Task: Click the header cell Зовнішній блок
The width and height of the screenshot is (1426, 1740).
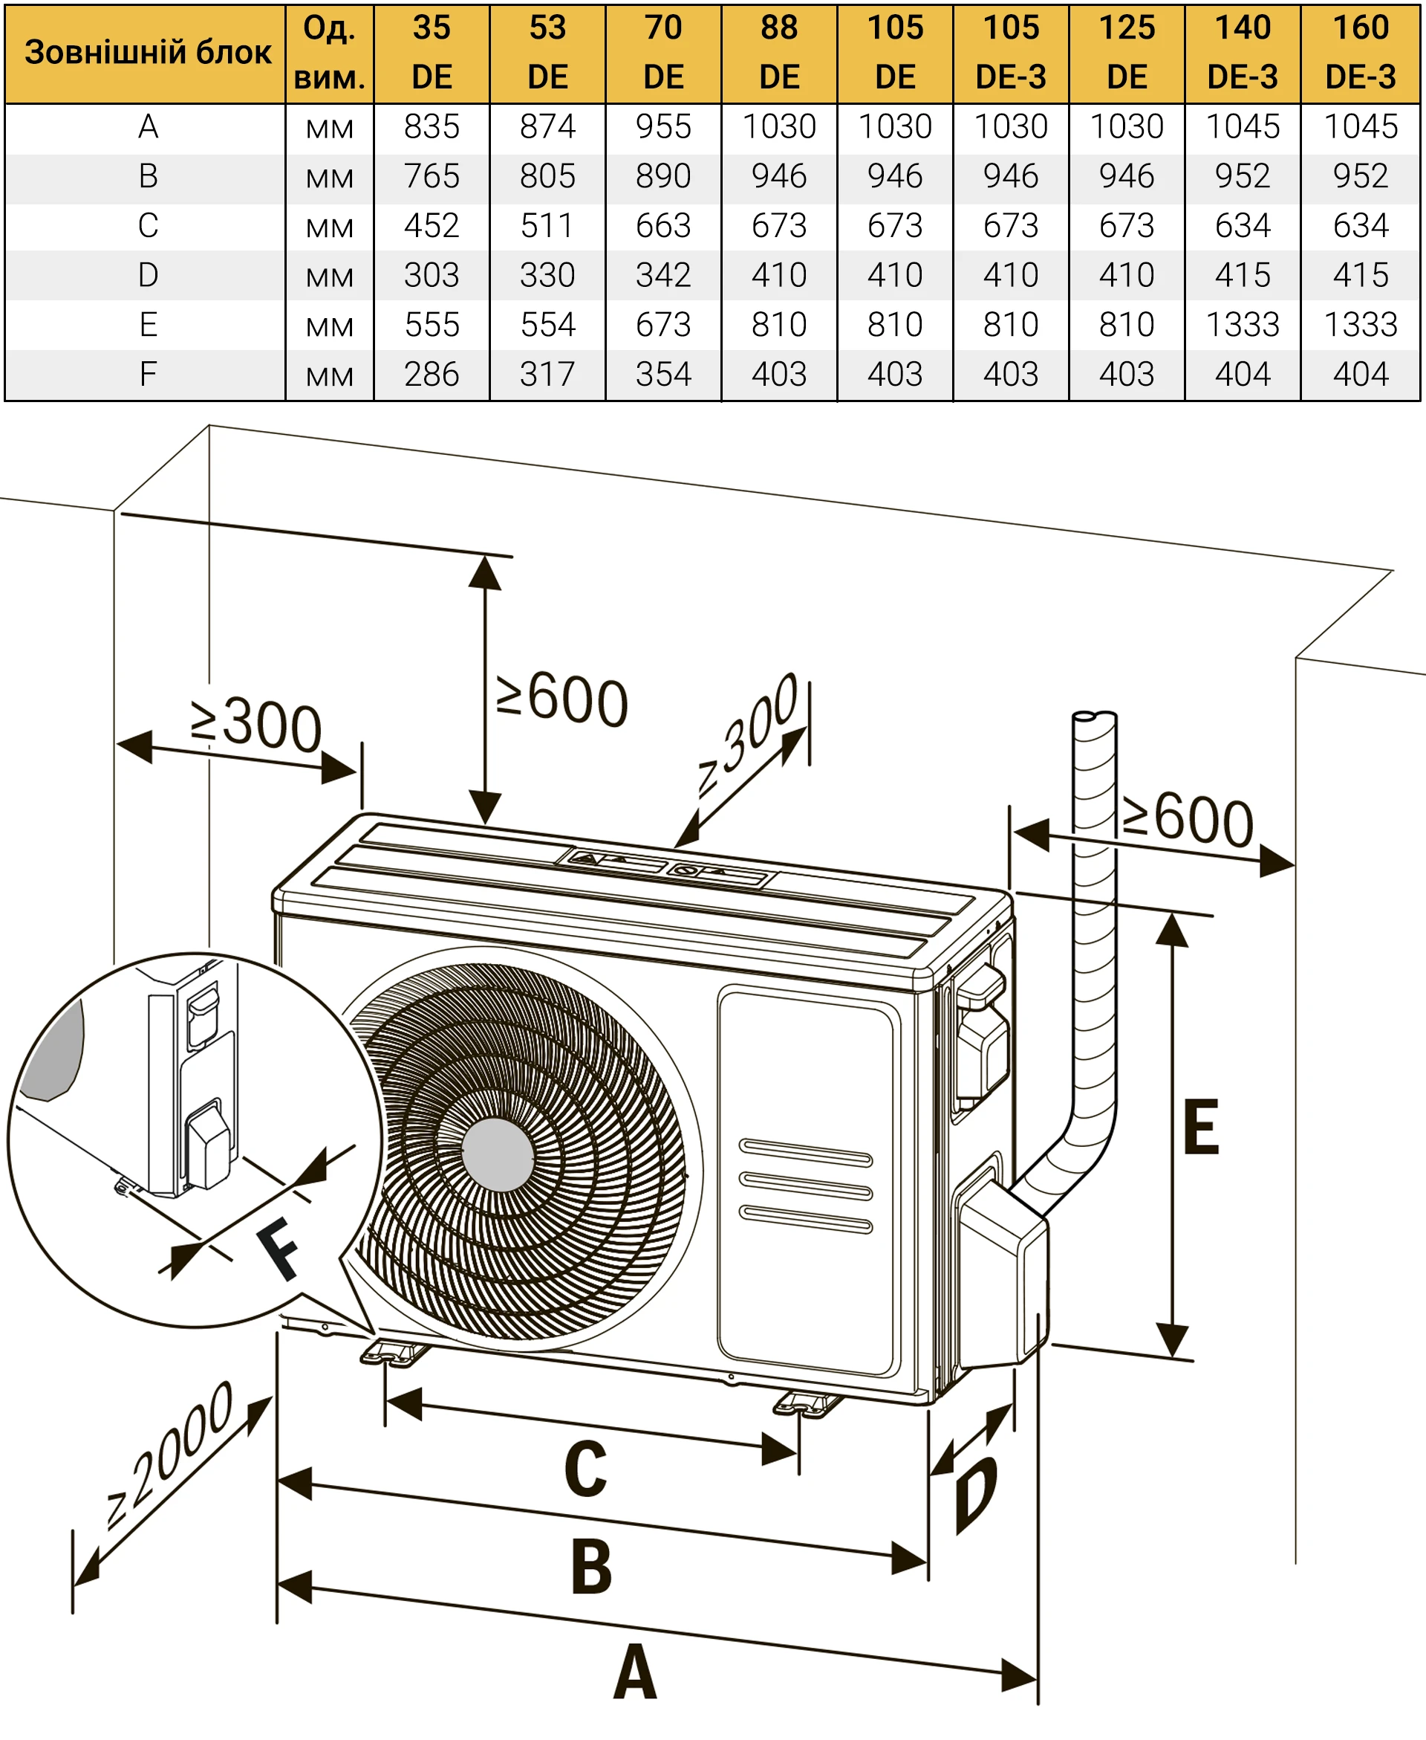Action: click(147, 53)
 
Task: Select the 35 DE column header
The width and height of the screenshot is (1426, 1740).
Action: click(432, 53)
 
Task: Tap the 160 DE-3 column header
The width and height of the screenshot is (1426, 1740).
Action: click(1361, 53)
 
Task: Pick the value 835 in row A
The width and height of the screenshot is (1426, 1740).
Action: click(432, 126)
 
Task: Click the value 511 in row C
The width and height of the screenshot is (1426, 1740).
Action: click(547, 226)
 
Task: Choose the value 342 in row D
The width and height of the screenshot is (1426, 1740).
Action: click(663, 275)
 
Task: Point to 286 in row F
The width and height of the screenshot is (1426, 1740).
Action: click(432, 375)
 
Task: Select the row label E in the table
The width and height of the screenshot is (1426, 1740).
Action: click(148, 325)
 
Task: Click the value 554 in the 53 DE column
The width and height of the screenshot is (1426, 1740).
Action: click(547, 325)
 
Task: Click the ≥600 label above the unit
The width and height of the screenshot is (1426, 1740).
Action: click(563, 700)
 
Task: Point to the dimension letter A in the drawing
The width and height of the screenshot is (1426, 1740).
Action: click(635, 1672)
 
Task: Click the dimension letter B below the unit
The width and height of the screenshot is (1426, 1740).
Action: click(591, 1567)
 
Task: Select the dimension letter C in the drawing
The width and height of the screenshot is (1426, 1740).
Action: click(586, 1469)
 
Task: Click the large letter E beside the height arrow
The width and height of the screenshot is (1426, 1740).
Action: click(1201, 1127)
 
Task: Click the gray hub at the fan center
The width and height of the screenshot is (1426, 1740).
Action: click(498, 1154)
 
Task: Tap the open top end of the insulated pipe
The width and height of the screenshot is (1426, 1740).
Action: click(1094, 717)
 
